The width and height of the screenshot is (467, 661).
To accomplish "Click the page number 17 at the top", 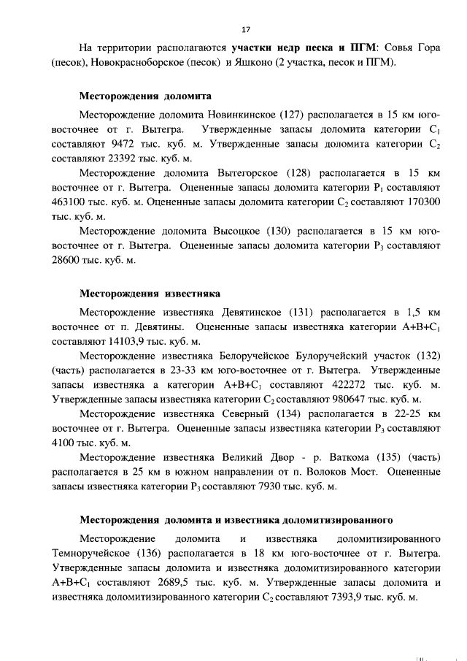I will (x=245, y=29).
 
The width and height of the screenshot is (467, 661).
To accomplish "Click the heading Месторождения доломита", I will (x=135, y=96).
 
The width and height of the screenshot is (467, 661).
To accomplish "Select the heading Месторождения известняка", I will (x=139, y=294).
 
